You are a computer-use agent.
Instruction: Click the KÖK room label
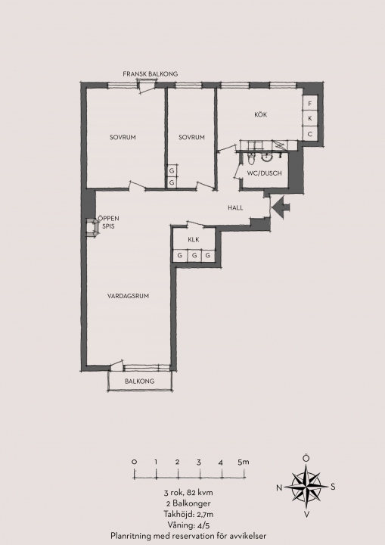[261, 114]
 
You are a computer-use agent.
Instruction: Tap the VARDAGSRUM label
[129, 296]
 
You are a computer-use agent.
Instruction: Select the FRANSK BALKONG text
[150, 73]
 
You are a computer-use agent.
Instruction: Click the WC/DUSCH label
[265, 173]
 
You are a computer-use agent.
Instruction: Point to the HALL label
[235, 208]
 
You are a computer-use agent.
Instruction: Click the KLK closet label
[194, 239]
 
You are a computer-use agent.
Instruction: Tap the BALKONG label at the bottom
[140, 381]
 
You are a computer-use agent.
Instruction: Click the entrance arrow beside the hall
[281, 207]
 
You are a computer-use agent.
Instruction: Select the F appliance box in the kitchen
[310, 103]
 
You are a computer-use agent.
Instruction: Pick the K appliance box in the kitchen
[310, 119]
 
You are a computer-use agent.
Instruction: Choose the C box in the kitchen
[310, 133]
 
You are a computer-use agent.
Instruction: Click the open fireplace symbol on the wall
[92, 228]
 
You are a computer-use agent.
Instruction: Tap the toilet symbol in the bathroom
[251, 159]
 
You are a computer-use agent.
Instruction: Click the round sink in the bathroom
[266, 158]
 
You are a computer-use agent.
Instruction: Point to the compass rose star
[306, 487]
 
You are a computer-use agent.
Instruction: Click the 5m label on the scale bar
[244, 462]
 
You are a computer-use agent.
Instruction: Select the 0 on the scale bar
[135, 462]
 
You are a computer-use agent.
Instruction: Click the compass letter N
[279, 488]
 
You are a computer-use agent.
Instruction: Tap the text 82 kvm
[200, 493]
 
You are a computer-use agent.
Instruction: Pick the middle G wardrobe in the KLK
[194, 256]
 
